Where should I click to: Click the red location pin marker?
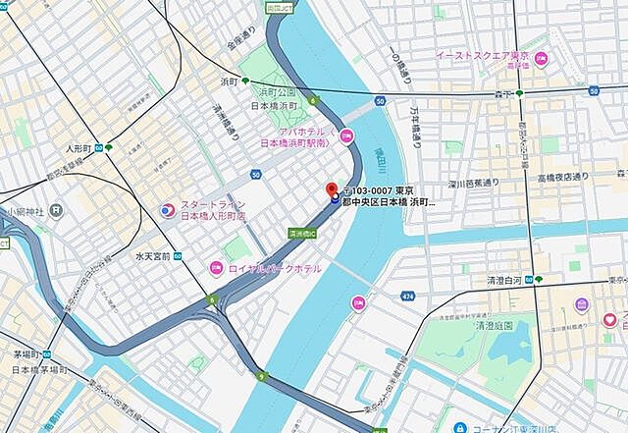(332, 189)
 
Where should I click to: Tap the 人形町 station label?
(78, 148)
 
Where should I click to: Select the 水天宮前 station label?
(153, 256)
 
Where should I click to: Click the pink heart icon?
(610, 319)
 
